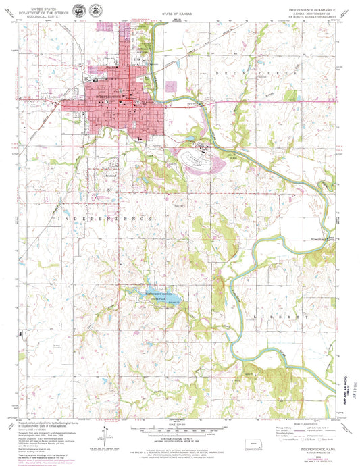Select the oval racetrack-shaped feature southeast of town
205,158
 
